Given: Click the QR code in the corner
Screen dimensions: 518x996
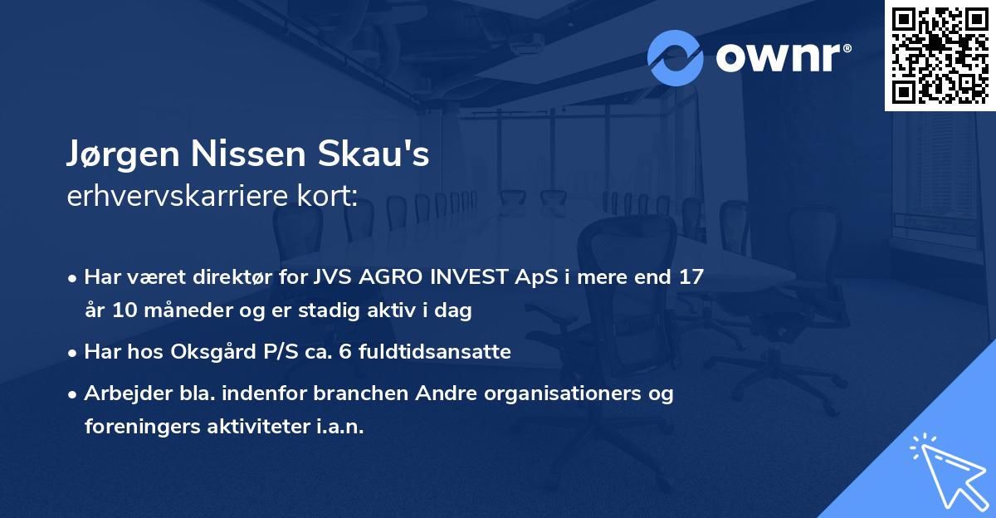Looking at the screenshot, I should (940, 55).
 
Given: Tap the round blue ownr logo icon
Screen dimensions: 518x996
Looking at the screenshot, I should (675, 58).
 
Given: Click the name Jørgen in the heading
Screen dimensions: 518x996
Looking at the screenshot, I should (124, 155).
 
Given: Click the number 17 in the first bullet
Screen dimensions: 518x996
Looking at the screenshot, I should (691, 277).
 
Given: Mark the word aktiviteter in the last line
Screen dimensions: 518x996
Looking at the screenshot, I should (255, 427).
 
